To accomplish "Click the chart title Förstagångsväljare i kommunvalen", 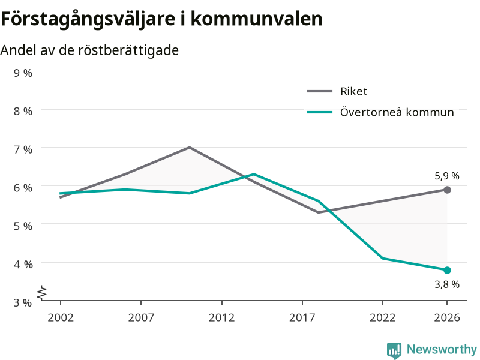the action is pos(161,19).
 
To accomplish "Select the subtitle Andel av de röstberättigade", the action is pos(89,50).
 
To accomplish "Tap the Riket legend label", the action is pos(353,91).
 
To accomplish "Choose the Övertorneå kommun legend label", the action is pos(397,112).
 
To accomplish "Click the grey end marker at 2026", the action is pos(447,190).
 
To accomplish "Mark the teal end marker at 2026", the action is pos(447,270).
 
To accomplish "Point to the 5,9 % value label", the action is pos(447,176).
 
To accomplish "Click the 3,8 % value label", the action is pos(447,284).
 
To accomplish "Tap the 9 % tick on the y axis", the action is pos(23,73).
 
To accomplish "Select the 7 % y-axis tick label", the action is pos(23,149).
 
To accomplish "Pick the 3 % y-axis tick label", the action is pos(23,302).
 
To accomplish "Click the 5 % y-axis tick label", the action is pos(23,226).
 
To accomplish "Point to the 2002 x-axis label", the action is pos(61,317).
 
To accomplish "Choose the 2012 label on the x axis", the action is pos(221,317).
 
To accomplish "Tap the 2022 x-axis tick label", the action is pos(383,317).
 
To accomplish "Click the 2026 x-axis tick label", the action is pos(447,317).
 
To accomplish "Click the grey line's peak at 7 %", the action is pos(190,147).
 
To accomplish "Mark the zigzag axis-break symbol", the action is pos(42,293).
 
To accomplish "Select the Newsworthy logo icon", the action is pos(394,350).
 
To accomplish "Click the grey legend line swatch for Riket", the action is pos(320,91).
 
